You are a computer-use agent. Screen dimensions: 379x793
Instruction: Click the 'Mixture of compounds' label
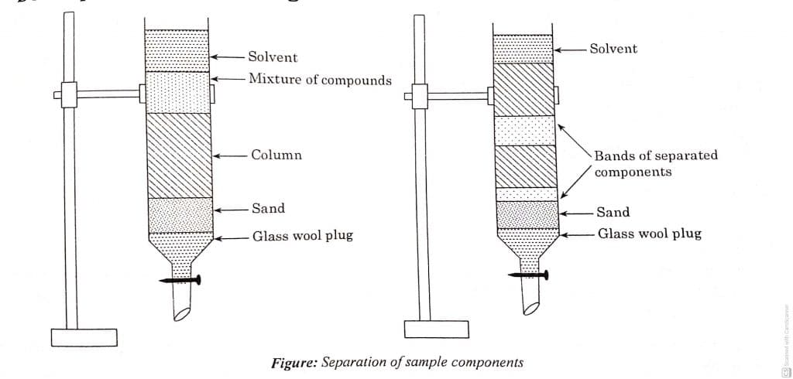click(x=320, y=80)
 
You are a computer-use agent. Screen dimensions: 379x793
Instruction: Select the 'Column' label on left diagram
click(x=276, y=155)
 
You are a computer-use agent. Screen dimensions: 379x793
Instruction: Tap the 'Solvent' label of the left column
click(x=273, y=57)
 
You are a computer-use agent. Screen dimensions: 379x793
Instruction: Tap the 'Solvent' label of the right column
click(x=613, y=49)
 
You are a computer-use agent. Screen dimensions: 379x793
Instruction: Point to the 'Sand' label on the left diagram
click(x=268, y=208)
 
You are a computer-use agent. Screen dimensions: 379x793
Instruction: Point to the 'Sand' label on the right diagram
click(x=613, y=212)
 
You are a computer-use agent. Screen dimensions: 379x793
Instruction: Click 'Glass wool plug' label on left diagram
click(x=302, y=236)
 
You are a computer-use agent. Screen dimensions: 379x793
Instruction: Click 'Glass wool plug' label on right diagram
click(x=650, y=233)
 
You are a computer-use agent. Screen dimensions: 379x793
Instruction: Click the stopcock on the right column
click(x=528, y=275)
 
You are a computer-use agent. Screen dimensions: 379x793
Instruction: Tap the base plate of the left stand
click(x=84, y=338)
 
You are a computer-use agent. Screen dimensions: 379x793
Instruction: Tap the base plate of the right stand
click(x=436, y=329)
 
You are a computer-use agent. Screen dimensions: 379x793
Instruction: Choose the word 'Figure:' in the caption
click(x=294, y=363)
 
